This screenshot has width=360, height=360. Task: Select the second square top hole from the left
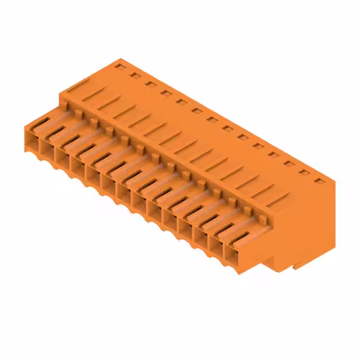tap(135, 75)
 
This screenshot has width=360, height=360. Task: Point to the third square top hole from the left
tap(150, 84)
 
